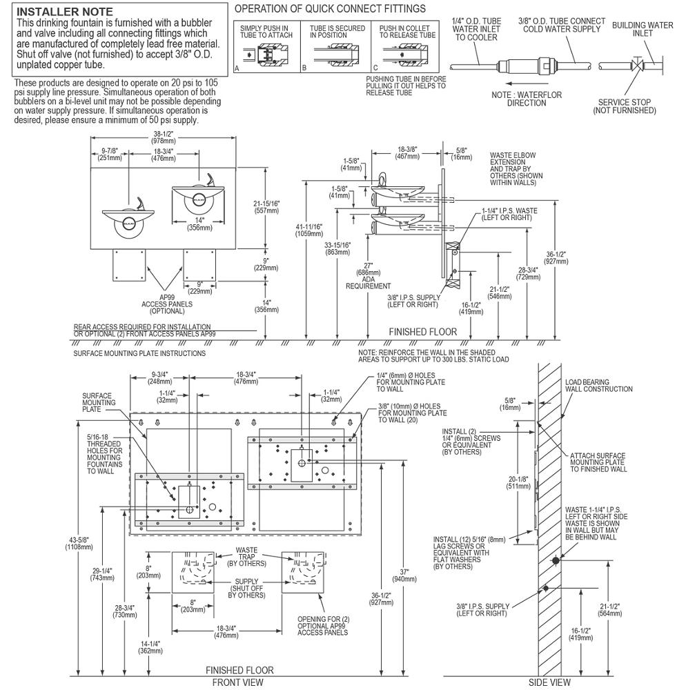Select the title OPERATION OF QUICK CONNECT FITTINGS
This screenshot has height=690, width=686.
click(x=330, y=9)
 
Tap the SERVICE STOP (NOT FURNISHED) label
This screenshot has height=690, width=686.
click(x=624, y=106)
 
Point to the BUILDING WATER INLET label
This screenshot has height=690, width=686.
click(x=642, y=30)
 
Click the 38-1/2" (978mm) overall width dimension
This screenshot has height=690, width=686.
click(x=162, y=137)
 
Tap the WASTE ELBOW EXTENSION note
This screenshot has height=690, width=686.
click(x=512, y=169)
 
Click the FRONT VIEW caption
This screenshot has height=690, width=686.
click(x=237, y=682)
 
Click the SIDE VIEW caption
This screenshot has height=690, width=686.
click(x=549, y=682)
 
